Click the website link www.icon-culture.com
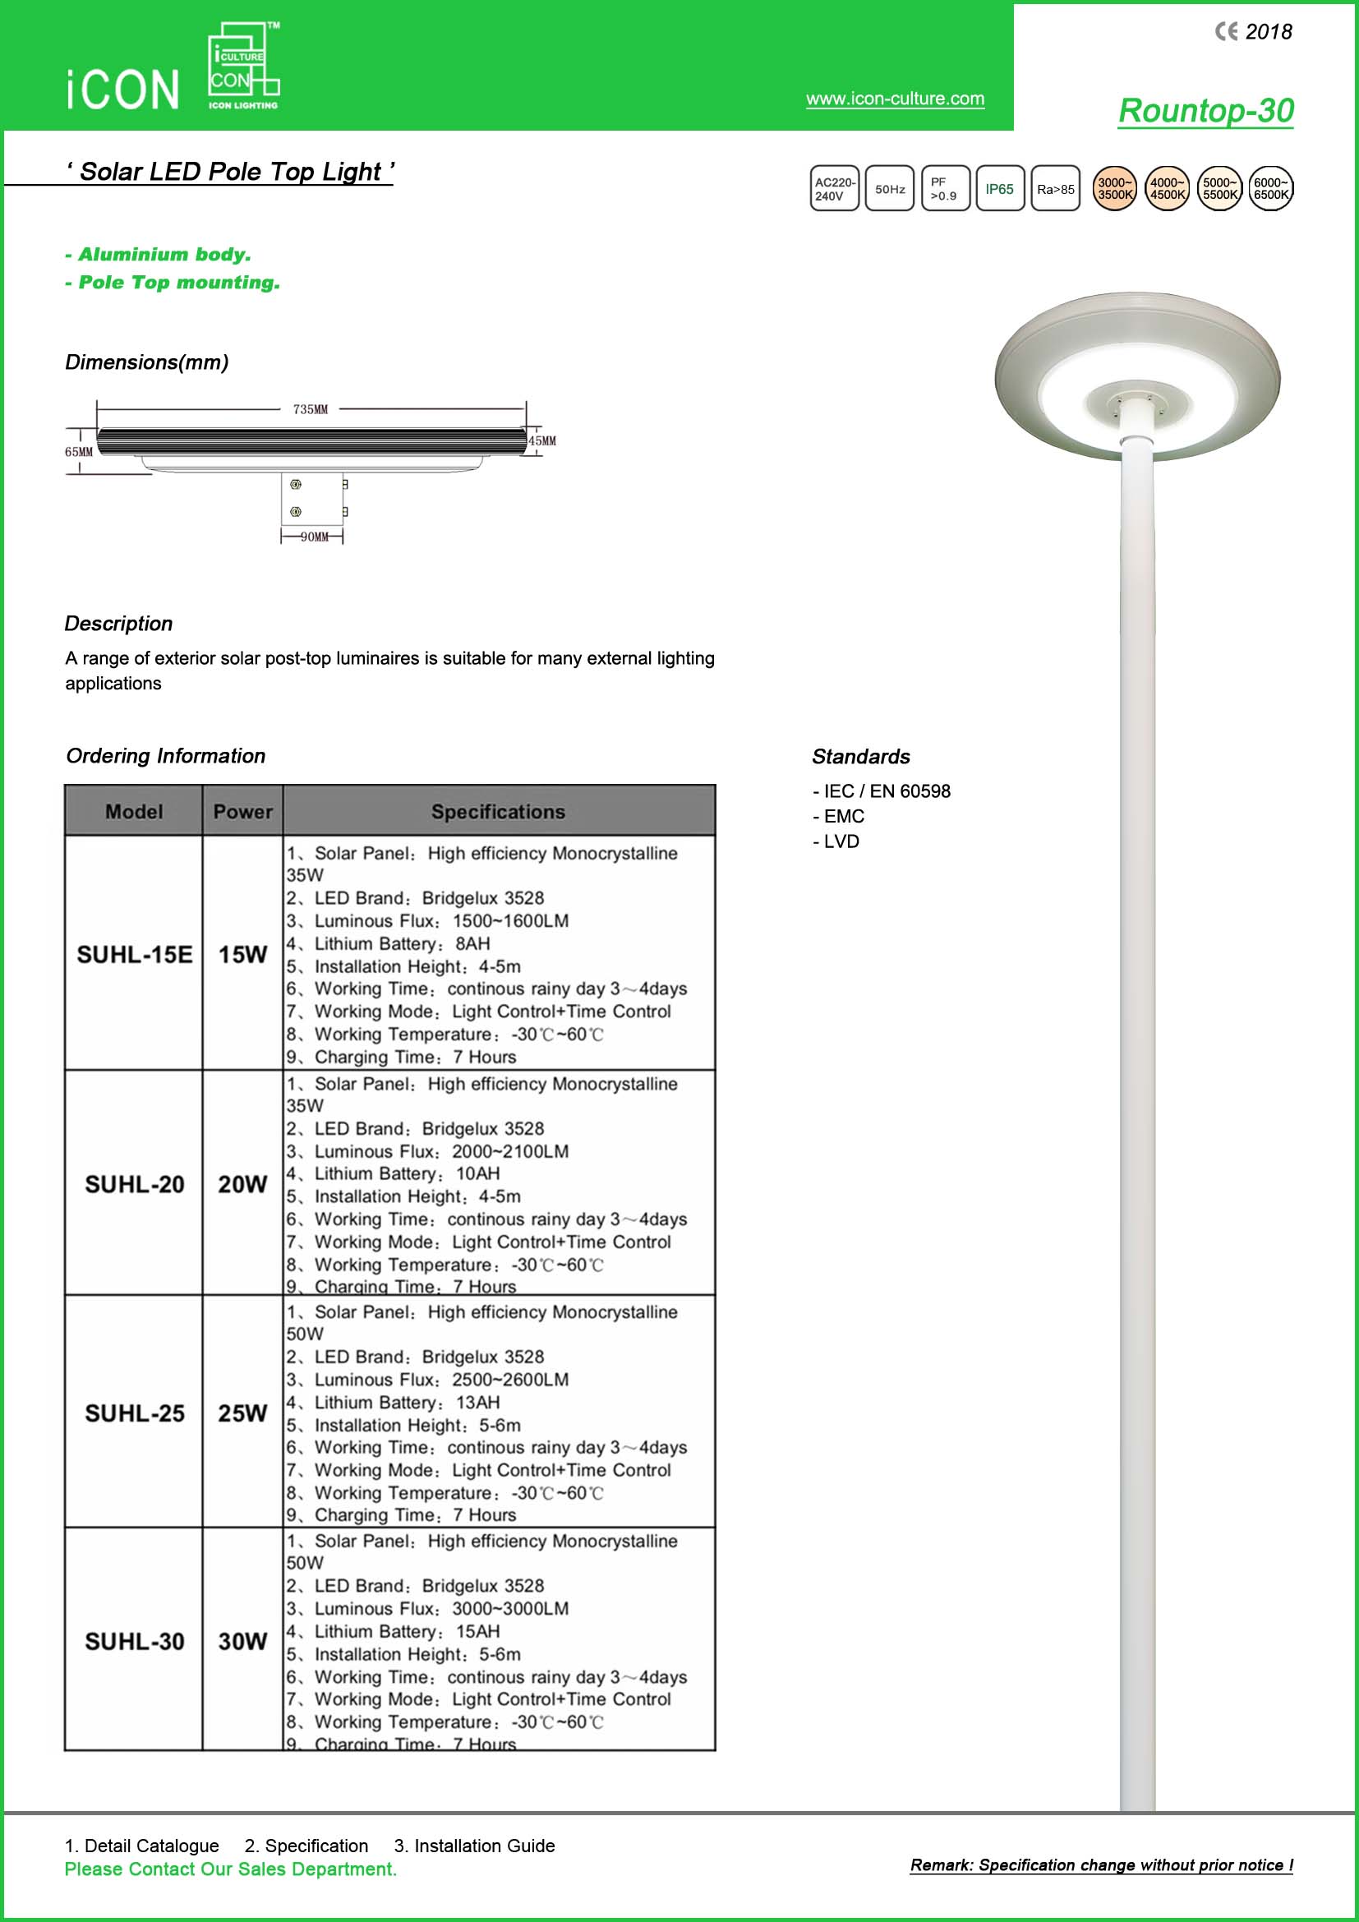tap(895, 99)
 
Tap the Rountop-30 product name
tap(1205, 110)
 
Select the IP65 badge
tap(999, 189)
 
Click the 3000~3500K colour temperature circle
tap(1114, 189)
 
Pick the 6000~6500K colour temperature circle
tap(1270, 189)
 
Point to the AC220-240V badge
tap(834, 189)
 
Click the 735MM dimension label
tap(311, 409)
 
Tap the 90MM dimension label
tap(315, 537)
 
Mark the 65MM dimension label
tap(79, 452)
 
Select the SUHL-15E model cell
tap(134, 954)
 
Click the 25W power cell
tap(242, 1413)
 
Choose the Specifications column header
tap(498, 812)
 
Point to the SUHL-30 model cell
tap(134, 1642)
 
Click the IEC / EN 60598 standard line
tap(882, 791)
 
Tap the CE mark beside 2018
tap(1226, 32)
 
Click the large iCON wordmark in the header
tap(123, 90)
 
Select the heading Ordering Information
tap(166, 756)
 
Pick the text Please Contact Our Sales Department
tap(230, 1869)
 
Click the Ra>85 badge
tap(1055, 189)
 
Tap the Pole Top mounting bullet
tap(173, 283)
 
